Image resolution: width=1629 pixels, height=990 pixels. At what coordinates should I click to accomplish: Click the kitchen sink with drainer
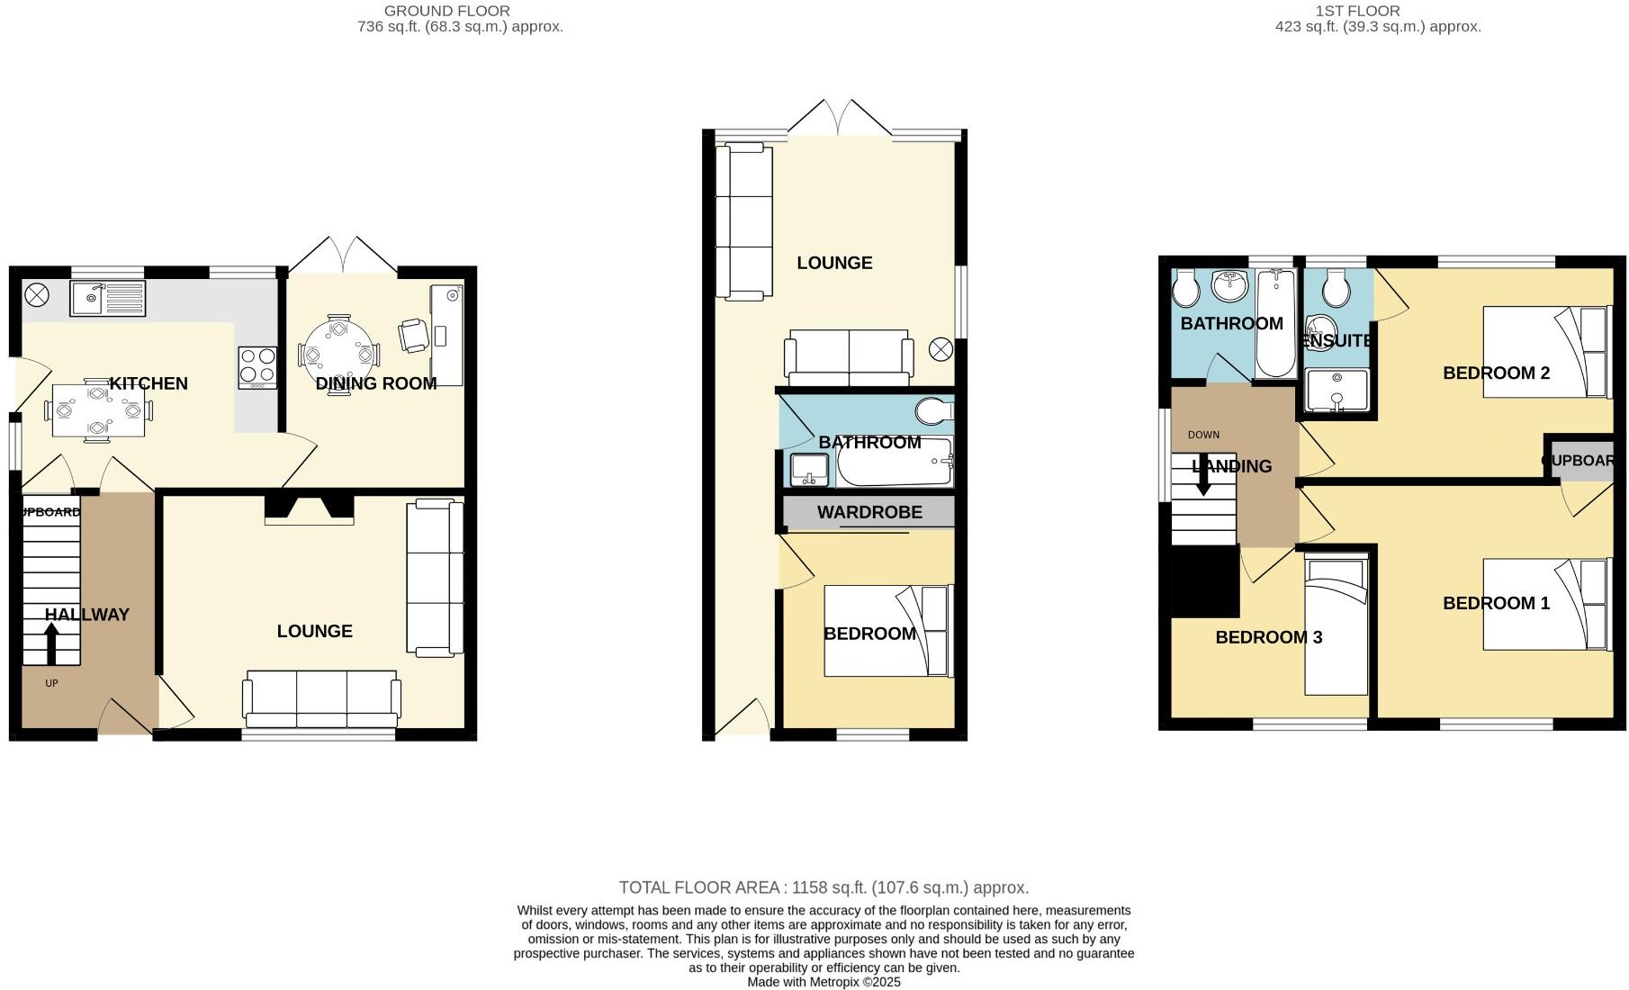coord(106,298)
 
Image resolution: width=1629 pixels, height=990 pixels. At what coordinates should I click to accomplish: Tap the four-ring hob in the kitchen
coord(256,367)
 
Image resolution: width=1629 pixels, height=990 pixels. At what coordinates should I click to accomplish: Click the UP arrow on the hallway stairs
coord(51,643)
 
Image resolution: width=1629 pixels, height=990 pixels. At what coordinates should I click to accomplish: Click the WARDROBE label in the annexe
coord(869,512)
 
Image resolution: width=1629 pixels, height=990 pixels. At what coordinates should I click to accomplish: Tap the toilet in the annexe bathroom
coord(934,411)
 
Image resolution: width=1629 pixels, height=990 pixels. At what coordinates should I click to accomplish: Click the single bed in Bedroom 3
coord(1336,627)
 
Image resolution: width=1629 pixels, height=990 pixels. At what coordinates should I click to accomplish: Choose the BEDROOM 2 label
coord(1496,373)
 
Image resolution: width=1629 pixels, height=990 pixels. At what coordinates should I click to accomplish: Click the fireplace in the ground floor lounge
coord(309,508)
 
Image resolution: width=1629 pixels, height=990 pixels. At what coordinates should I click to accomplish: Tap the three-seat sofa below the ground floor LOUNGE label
coord(321,699)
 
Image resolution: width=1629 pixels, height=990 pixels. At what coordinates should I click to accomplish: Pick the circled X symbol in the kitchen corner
coord(37,293)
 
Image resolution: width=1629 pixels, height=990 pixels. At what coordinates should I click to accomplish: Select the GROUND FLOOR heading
coord(446,11)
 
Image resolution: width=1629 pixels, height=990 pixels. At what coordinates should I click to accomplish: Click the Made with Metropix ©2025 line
coord(823,982)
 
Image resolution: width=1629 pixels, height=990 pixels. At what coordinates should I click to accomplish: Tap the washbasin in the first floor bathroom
coord(1229,286)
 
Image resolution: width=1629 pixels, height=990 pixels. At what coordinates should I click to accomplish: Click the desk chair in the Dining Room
coord(414,335)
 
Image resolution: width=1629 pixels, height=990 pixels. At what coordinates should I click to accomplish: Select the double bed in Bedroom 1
coord(1544,604)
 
